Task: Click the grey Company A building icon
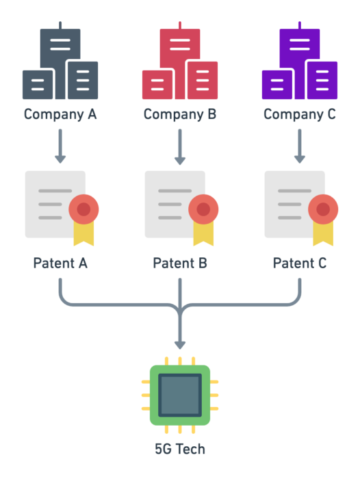coord(60,65)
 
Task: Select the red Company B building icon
coord(180,65)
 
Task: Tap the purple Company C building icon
coord(300,65)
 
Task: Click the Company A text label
coord(60,114)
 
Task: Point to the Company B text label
coord(180,114)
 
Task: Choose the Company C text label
coord(300,114)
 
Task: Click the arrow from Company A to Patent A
coord(60,146)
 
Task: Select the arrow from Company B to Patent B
coord(180,146)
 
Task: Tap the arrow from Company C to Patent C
coord(300,146)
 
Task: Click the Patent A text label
coord(60,263)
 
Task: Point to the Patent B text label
coord(180,263)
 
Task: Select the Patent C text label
coord(300,263)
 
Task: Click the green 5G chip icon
coord(180,396)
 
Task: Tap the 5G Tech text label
coord(180,450)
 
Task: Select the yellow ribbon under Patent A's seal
coord(83,234)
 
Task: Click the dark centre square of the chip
coord(180,396)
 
